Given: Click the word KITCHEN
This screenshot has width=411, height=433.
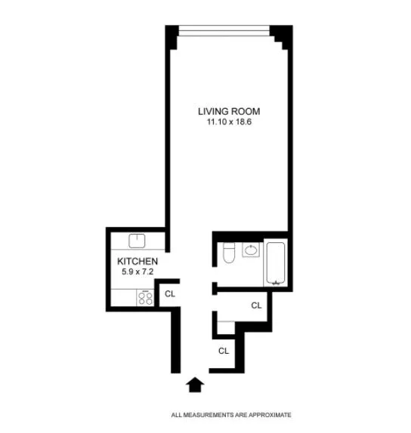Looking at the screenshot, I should tap(137, 262).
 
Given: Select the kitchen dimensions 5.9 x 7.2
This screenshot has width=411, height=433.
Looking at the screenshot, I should tap(137, 272).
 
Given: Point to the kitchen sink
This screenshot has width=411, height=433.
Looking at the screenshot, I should tap(137, 241).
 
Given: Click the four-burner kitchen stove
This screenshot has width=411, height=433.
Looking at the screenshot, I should tap(145, 297).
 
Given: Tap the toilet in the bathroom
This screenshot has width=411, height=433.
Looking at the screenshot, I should tap(229, 256).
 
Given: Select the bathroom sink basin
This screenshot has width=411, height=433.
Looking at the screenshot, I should tap(251, 250).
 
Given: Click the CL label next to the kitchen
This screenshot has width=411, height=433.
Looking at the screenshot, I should tap(170, 294).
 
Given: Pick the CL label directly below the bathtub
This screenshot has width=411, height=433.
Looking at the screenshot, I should tap(256, 306).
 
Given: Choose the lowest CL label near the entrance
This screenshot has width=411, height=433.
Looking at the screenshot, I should tap(224, 351).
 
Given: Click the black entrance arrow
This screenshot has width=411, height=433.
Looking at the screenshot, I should tap(195, 385).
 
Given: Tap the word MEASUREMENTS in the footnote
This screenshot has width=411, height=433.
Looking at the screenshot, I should tap(209, 415).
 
